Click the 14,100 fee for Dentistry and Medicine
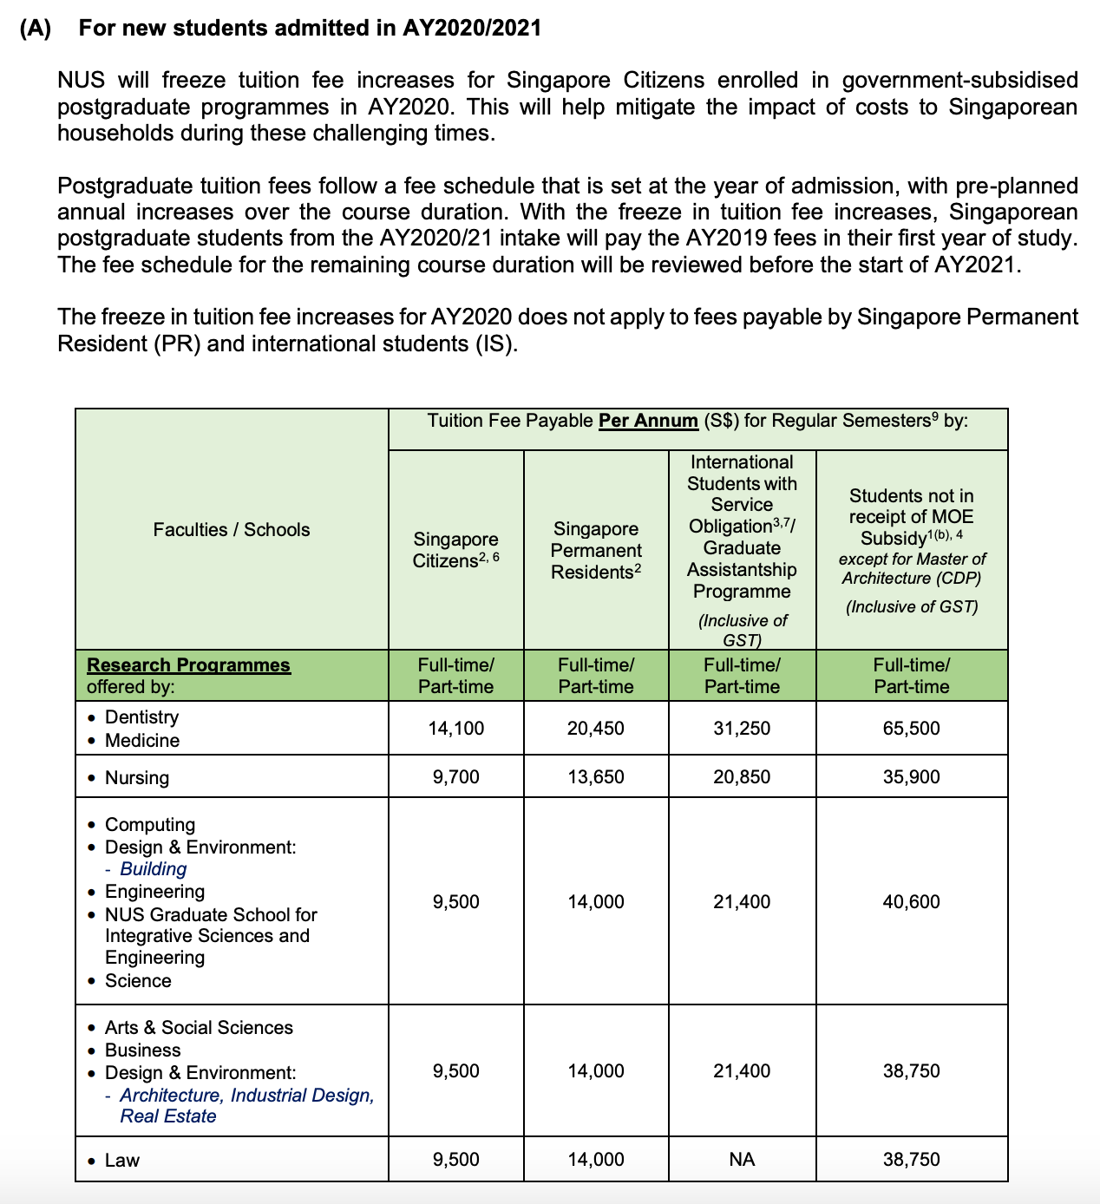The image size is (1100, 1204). tap(455, 729)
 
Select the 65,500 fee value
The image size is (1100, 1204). tap(911, 729)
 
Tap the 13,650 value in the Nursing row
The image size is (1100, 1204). tap(595, 777)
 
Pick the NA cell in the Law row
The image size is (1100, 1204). tap(742, 1160)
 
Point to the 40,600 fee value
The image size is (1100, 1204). tap(911, 902)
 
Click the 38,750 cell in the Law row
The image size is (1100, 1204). tap(911, 1160)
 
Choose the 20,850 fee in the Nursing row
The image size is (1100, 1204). tap(742, 777)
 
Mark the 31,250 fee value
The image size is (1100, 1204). tap(742, 729)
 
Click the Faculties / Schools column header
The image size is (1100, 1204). tap(231, 530)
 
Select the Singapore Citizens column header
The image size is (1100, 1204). tap(455, 550)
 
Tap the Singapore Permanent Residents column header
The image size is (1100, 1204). tap(596, 550)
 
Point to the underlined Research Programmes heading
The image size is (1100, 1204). tap(188, 665)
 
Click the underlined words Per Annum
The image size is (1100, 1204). tap(648, 421)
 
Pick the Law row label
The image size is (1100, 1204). tap(121, 1161)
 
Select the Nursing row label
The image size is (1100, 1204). tap(136, 778)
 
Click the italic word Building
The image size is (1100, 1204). tap(153, 869)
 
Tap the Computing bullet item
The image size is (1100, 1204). tap(149, 825)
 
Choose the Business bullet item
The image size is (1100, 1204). tap(142, 1050)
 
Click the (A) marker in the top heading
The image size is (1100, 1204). tap(36, 29)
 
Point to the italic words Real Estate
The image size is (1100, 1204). tap(167, 1116)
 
